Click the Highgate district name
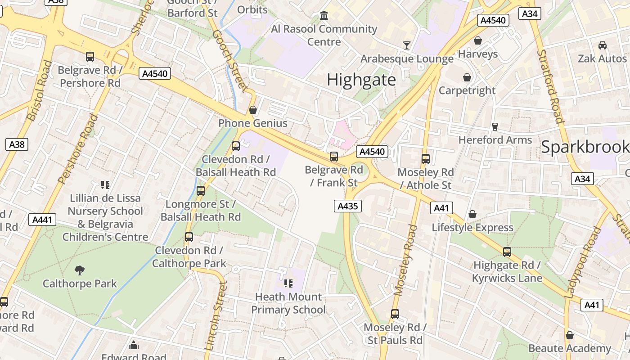[x=361, y=80]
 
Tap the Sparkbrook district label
[x=585, y=147]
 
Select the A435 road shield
[x=347, y=206]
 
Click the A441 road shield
[x=43, y=220]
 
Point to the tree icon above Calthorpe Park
[x=80, y=270]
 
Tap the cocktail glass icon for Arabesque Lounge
[x=407, y=45]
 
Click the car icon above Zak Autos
[x=602, y=45]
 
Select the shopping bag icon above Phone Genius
[x=253, y=109]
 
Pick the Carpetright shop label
[x=467, y=90]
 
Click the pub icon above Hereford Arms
[x=495, y=126]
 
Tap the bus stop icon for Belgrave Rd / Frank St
[x=333, y=156]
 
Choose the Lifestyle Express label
[x=472, y=227]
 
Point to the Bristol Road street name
[x=39, y=90]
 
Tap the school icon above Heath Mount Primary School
[x=288, y=283]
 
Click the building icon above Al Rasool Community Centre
[x=324, y=16]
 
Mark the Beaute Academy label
[x=569, y=348]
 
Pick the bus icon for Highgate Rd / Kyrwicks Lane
[x=507, y=252]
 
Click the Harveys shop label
[x=477, y=54]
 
